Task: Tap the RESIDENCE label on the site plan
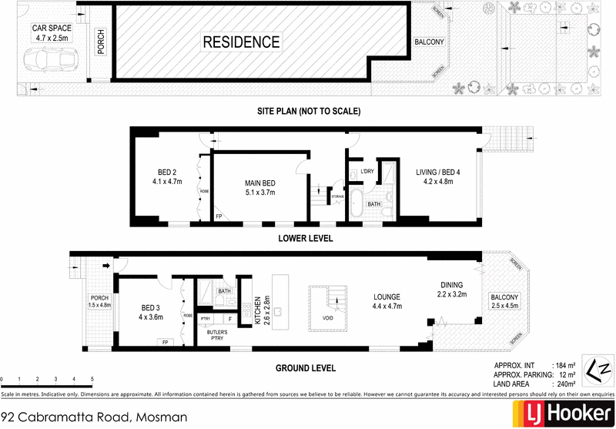tap(241, 42)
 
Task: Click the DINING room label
tap(452, 289)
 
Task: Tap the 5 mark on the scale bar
tap(92, 380)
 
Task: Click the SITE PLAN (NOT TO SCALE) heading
tap(309, 112)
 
